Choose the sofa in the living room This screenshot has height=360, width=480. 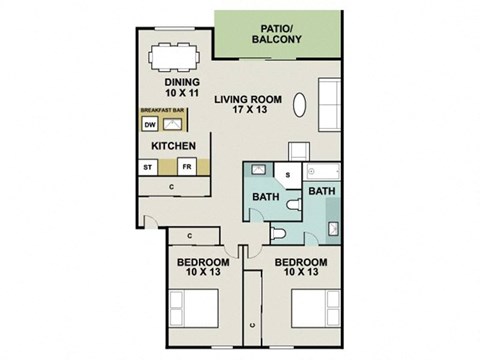[331, 96]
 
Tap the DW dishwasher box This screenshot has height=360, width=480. [150, 125]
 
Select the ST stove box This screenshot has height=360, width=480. [150, 167]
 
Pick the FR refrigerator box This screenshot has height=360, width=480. [185, 167]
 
